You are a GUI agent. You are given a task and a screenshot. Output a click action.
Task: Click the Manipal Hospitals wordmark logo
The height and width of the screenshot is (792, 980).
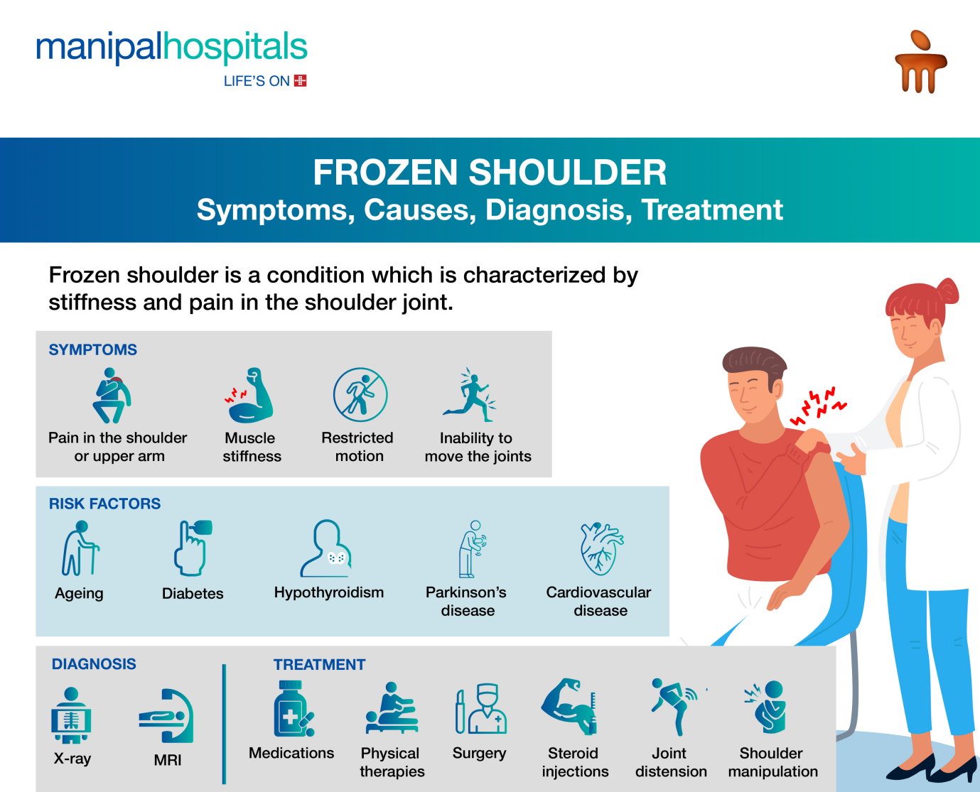click(171, 48)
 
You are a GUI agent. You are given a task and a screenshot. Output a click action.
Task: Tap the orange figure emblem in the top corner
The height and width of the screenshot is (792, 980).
click(920, 62)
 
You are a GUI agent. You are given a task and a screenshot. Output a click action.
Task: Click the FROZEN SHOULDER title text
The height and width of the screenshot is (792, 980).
click(490, 173)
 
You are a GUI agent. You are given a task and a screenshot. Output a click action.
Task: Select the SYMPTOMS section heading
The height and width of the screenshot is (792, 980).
click(93, 349)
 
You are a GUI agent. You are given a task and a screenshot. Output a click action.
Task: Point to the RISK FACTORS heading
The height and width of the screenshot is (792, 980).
click(105, 504)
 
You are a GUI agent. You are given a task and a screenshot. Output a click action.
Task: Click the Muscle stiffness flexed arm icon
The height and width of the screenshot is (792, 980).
click(249, 395)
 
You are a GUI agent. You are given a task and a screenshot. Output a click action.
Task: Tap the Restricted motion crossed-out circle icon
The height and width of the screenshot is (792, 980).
click(360, 395)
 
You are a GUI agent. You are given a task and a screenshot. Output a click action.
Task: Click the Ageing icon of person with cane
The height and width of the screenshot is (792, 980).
click(80, 548)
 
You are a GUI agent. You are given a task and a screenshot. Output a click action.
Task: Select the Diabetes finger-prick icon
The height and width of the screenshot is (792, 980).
click(193, 548)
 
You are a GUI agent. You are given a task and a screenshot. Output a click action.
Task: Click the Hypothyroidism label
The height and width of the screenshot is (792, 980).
click(329, 592)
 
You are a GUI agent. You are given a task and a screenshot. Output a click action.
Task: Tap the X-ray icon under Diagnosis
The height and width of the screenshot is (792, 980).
click(71, 715)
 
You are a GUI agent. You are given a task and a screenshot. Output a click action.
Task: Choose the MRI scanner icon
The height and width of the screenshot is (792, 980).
click(166, 716)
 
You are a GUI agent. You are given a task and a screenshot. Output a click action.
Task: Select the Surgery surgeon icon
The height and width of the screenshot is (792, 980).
click(481, 709)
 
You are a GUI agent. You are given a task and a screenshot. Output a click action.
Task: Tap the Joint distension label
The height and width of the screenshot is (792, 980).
click(671, 762)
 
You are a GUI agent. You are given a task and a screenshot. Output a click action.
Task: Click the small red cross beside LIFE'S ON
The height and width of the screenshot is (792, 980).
click(301, 81)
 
